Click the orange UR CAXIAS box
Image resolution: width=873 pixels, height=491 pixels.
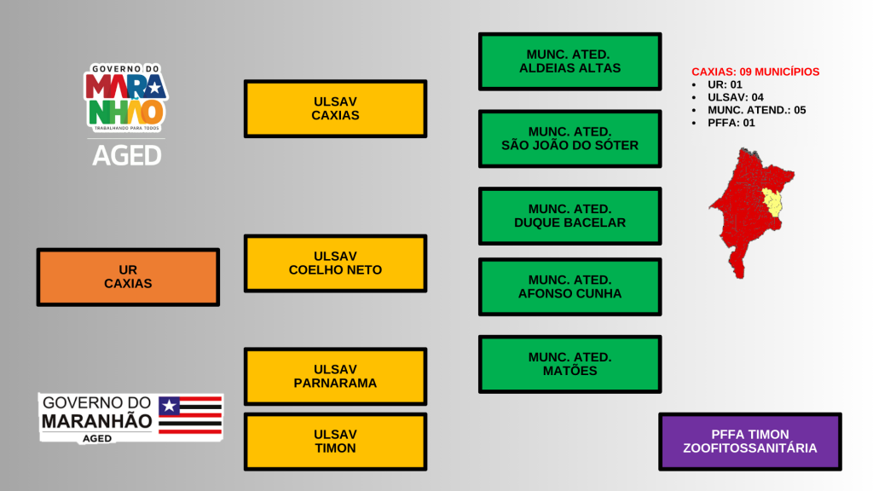click(x=128, y=277)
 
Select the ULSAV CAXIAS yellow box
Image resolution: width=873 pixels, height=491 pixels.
click(x=335, y=108)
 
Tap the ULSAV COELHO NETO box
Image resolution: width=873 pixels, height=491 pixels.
click(x=335, y=263)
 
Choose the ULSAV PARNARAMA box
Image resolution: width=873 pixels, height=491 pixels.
click(x=335, y=376)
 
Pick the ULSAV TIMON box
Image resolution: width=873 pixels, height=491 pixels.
click(x=335, y=442)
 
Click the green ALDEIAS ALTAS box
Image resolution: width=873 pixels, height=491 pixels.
click(x=569, y=61)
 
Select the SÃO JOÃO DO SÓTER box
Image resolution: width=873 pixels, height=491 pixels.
click(x=569, y=138)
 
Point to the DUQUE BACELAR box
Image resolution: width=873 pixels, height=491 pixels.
click(x=569, y=216)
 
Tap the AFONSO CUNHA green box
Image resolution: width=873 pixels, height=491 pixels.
click(x=569, y=286)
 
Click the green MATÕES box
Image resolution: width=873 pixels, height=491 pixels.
click(x=569, y=364)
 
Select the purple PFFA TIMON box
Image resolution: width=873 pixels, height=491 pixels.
click(x=749, y=442)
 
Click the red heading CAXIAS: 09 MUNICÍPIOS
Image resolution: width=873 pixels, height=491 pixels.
click(x=754, y=72)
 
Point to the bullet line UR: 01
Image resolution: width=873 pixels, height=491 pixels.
click(x=725, y=85)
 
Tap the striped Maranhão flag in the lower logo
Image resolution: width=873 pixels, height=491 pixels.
click(x=190, y=415)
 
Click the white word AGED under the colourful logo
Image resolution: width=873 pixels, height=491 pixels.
click(x=126, y=155)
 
